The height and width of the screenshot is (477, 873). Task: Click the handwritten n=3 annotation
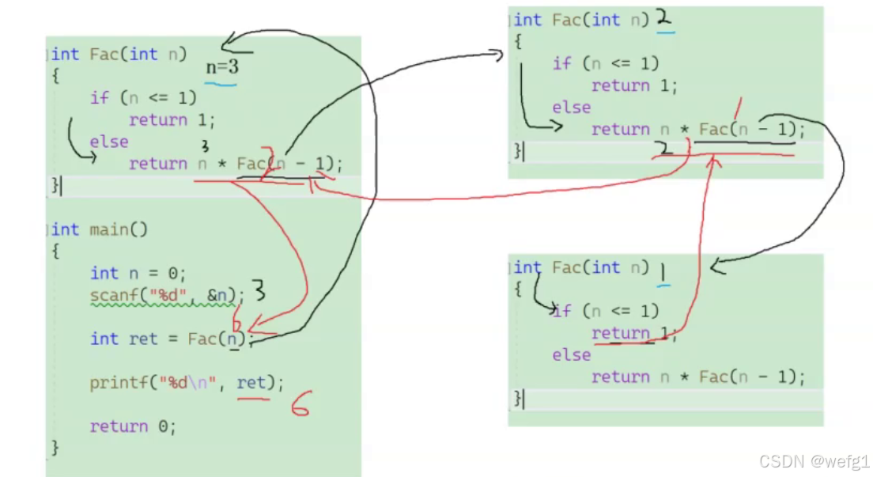coord(222,67)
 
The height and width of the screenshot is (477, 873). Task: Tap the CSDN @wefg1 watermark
coord(814,460)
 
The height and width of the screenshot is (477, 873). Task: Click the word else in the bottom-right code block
coord(572,355)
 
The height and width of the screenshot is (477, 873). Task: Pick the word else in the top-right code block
coord(572,107)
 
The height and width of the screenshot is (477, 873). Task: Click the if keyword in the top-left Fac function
coord(99,97)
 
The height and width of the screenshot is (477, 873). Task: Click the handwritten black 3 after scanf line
coord(258,293)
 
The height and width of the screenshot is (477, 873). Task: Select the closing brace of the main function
coord(55,447)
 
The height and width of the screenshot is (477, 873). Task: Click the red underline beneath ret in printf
coord(253,398)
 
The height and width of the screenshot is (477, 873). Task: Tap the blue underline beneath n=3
coord(221,81)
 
